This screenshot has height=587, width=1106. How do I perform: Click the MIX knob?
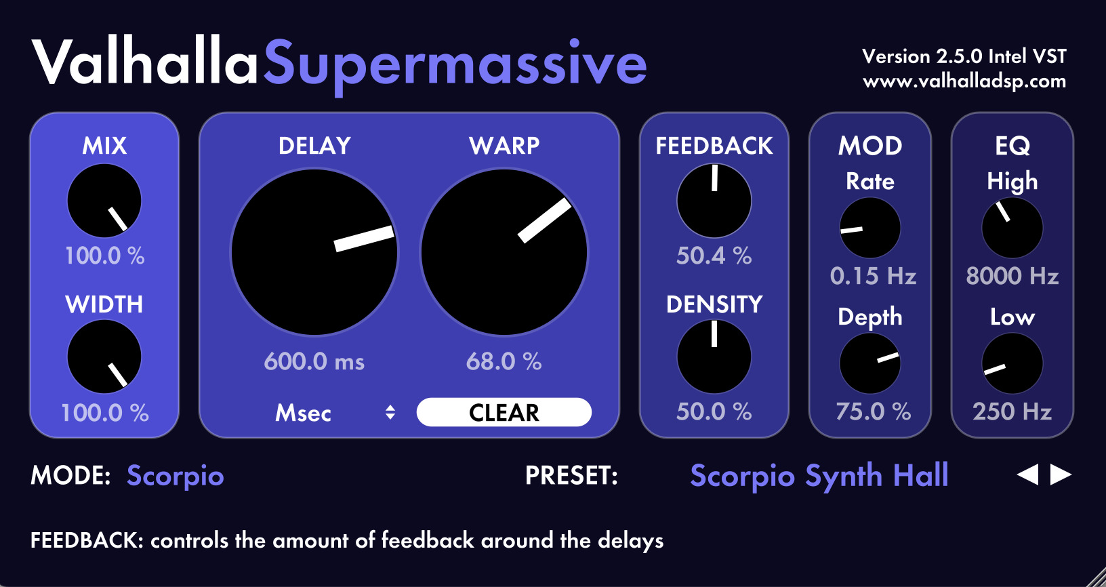tap(104, 201)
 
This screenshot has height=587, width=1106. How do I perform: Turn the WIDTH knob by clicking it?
tap(104, 357)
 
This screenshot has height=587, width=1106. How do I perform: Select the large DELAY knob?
tap(314, 252)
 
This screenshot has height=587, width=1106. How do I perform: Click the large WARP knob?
tap(504, 252)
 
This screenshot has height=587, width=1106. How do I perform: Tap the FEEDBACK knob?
tap(714, 201)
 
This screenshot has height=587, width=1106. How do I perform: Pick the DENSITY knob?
tap(714, 357)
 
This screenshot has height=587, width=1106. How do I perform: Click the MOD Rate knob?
tap(870, 228)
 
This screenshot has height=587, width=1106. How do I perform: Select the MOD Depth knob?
tap(870, 363)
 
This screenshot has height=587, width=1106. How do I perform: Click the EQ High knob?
tap(1012, 228)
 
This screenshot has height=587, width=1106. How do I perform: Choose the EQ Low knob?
tap(1012, 363)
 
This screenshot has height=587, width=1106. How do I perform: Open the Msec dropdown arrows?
tap(390, 412)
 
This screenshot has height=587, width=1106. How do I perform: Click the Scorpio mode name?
tap(175, 476)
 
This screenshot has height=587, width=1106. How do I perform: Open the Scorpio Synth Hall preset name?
tap(819, 476)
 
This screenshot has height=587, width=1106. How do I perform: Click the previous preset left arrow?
tap(1028, 474)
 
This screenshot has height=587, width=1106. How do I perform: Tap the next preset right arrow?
tap(1061, 474)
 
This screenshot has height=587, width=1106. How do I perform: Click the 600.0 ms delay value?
tap(314, 361)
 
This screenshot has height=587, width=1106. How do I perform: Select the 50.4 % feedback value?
tap(714, 256)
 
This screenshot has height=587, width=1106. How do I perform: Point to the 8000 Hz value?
tap(1012, 276)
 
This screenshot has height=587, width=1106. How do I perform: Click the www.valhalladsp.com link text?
tap(964, 81)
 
